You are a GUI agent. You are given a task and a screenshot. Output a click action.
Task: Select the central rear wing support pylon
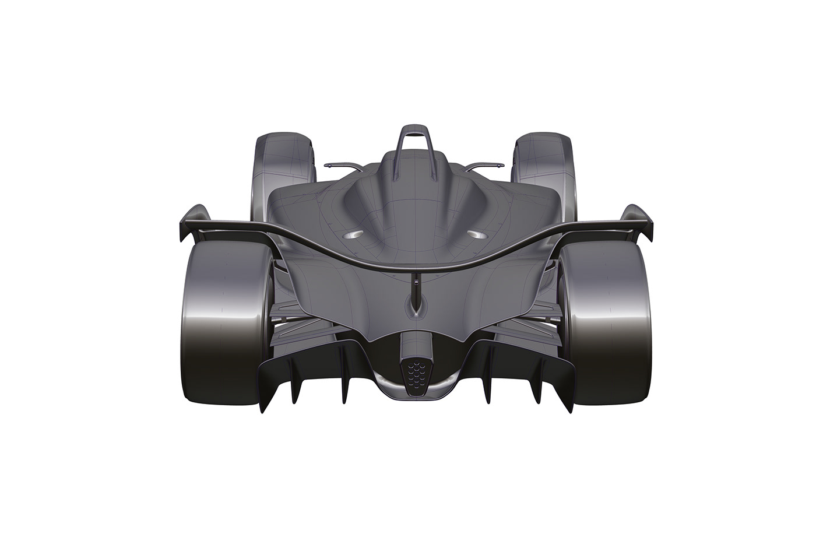coord(416,286)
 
